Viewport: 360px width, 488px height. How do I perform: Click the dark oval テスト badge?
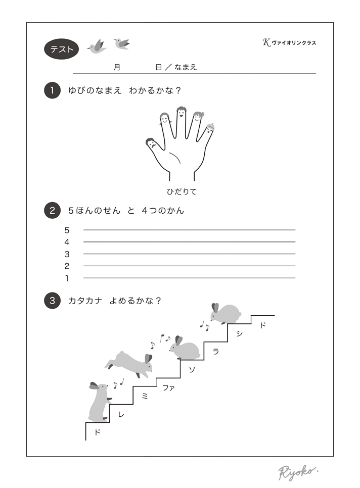tap(61, 49)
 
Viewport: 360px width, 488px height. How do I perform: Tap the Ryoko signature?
tap(298, 472)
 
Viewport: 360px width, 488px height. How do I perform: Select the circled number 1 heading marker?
tap(52, 90)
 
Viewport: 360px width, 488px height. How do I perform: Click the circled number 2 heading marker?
tap(52, 210)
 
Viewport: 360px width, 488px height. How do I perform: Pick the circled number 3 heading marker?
tap(52, 301)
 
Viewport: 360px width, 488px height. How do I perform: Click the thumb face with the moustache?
tap(151, 143)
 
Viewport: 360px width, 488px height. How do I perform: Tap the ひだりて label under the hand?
tap(182, 192)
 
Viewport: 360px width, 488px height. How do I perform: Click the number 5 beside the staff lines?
tap(67, 230)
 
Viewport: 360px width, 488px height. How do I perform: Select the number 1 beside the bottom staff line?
tap(67, 278)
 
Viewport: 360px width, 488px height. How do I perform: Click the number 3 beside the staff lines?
tap(67, 254)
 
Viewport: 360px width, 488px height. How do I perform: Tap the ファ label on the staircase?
tap(168, 388)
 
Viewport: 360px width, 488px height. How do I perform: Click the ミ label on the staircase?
tap(145, 396)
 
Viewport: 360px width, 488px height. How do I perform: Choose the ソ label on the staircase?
tap(192, 369)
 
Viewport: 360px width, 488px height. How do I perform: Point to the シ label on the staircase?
tap(239, 333)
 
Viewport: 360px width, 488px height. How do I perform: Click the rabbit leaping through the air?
tap(130, 364)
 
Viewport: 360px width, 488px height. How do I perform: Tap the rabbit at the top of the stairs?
tap(225, 313)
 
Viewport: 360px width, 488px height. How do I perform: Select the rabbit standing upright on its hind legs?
tap(100, 402)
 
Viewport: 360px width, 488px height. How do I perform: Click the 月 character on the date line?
tap(117, 67)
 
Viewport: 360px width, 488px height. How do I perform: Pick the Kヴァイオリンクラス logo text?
tap(289, 42)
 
